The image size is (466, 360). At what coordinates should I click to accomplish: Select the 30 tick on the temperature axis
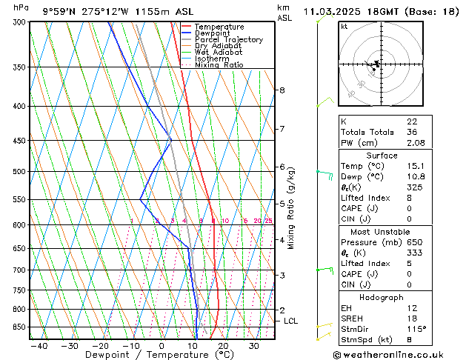click(253, 345)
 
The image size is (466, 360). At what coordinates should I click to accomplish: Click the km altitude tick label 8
click(282, 90)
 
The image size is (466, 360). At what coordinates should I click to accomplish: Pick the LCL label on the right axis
click(290, 321)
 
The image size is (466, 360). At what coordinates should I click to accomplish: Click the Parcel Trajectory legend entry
click(228, 40)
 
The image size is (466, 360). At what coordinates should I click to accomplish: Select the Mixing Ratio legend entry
click(219, 65)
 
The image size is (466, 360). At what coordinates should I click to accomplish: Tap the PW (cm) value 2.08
click(416, 143)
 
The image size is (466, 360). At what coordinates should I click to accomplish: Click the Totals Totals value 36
click(412, 132)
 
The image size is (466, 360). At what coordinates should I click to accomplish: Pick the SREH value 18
click(412, 318)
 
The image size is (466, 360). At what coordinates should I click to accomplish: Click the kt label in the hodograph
click(344, 27)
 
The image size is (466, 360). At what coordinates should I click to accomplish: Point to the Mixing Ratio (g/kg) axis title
click(291, 208)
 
